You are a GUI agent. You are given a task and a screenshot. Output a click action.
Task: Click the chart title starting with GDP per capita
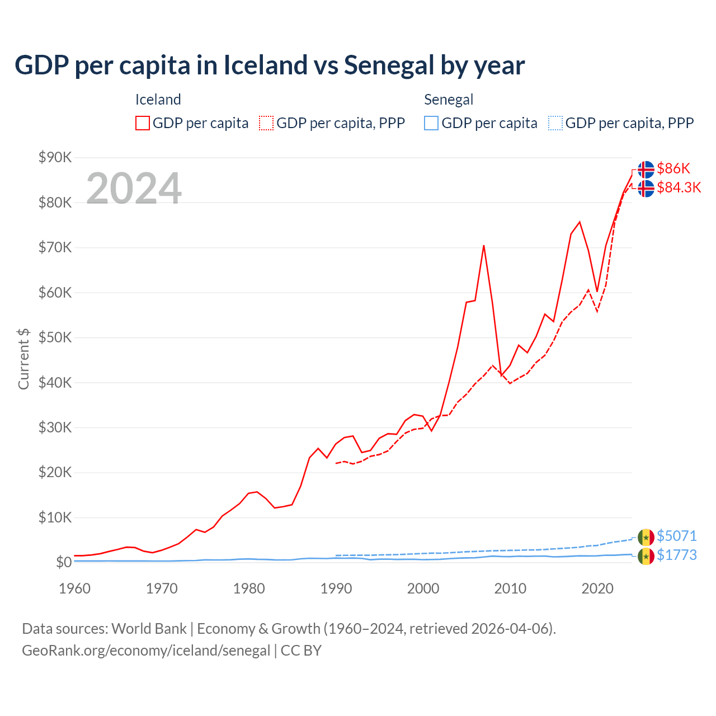pyautogui.click(x=269, y=65)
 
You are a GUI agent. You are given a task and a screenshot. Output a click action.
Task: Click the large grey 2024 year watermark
pyautogui.click(x=134, y=189)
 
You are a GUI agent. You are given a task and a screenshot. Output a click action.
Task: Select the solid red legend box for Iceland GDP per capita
pyautogui.click(x=143, y=123)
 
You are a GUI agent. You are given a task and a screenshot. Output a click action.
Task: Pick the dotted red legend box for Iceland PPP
pyautogui.click(x=266, y=123)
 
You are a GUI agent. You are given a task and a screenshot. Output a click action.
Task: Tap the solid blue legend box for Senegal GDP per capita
pyautogui.click(x=431, y=123)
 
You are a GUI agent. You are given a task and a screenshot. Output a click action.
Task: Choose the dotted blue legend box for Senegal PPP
pyautogui.click(x=555, y=123)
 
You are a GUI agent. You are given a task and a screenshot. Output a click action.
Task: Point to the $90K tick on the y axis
pyautogui.click(x=55, y=157)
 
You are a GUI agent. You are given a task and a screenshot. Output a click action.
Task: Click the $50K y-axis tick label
pyautogui.click(x=55, y=337)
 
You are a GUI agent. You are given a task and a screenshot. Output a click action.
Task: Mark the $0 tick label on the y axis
pyautogui.click(x=63, y=562)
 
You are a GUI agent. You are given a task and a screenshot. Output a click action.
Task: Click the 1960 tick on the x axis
pyautogui.click(x=74, y=588)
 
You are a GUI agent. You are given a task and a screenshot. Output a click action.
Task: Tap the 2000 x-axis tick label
pyautogui.click(x=423, y=588)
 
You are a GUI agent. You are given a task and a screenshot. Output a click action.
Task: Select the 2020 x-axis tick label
pyautogui.click(x=597, y=588)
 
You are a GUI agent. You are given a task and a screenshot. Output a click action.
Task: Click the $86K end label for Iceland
pyautogui.click(x=673, y=168)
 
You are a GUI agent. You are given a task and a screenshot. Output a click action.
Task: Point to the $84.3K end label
pyautogui.click(x=679, y=187)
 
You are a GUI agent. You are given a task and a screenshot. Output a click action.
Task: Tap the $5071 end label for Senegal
pyautogui.click(x=676, y=536)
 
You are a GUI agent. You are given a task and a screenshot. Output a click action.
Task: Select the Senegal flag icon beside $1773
pyautogui.click(x=646, y=556)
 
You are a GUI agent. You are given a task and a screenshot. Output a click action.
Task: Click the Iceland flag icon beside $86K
pyautogui.click(x=646, y=169)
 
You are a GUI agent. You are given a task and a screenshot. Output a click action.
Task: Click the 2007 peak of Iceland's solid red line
pyautogui.click(x=484, y=246)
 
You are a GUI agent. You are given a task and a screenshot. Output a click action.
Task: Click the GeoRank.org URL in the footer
pyautogui.click(x=146, y=651)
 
